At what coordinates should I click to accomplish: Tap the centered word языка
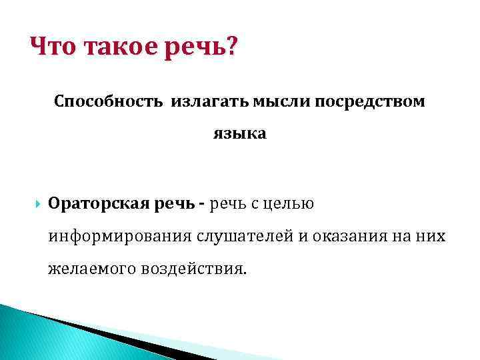239,134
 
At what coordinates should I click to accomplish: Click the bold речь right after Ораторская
173,203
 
